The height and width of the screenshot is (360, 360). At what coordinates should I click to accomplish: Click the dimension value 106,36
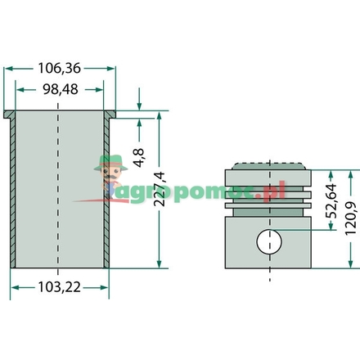(60, 68)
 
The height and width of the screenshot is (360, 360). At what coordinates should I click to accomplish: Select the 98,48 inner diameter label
(61, 89)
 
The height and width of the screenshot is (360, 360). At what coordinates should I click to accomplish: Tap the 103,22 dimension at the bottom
(60, 287)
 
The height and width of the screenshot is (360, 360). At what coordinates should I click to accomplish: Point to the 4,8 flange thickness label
(139, 158)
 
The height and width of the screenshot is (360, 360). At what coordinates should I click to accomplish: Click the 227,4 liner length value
(160, 189)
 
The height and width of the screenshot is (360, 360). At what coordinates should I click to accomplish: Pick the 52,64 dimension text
(331, 201)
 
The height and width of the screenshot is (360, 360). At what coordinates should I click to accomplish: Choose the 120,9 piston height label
(351, 218)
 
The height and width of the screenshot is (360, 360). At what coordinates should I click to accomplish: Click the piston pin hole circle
(269, 241)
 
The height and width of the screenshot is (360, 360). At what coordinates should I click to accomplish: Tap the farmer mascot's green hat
(110, 163)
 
